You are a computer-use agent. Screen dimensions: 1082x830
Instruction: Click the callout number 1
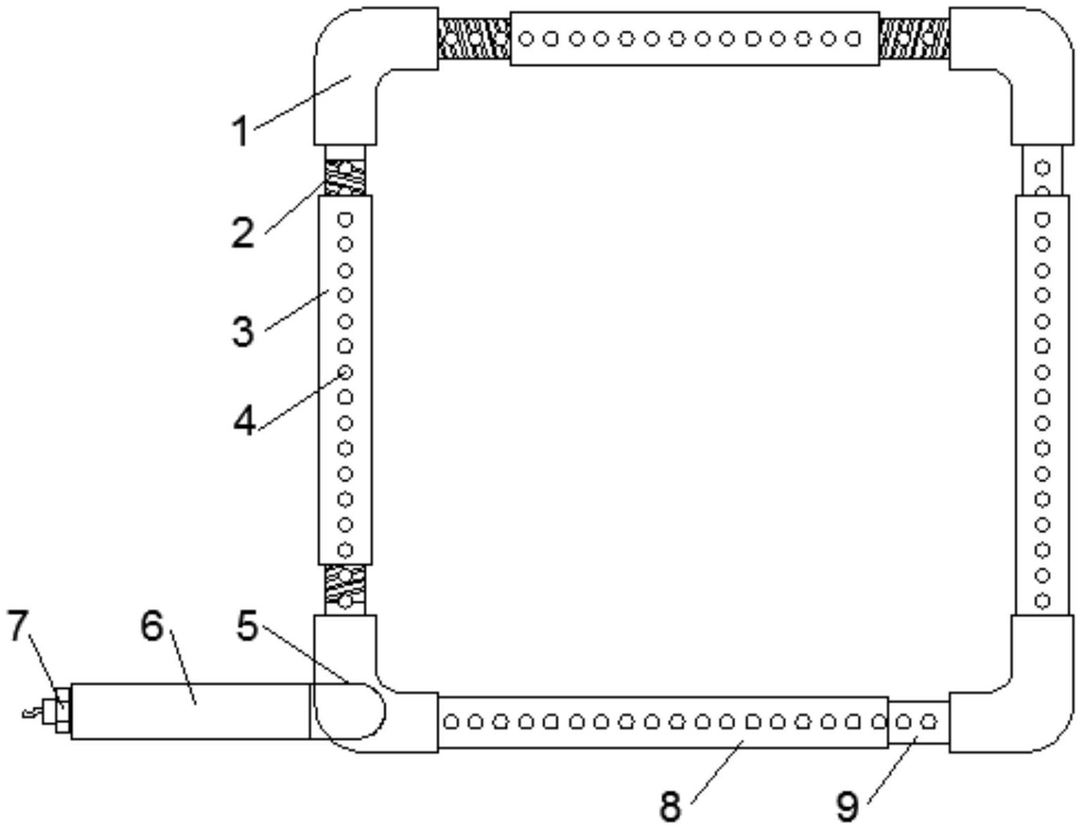pos(241,131)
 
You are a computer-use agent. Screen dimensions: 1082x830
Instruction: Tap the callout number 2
pos(243,232)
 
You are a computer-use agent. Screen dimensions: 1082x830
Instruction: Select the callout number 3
pos(243,331)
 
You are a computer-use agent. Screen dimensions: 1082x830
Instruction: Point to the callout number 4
pos(244,422)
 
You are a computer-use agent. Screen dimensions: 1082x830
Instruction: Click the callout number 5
pos(247,626)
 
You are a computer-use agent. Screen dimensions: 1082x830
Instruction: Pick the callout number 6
pos(152,626)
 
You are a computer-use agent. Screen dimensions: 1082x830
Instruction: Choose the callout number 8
pos(670,805)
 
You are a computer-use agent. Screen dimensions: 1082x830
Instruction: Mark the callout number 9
pos(847,805)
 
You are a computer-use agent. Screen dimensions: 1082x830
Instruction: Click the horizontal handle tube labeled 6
pos(191,711)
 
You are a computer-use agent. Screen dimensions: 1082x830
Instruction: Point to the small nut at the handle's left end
pos(61,711)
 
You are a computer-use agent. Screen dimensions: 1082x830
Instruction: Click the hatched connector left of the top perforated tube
pos(474,38)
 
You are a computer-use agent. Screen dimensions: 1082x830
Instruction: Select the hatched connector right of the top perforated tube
pos(914,38)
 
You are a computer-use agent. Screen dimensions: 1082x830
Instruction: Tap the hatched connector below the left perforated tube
pos(345,590)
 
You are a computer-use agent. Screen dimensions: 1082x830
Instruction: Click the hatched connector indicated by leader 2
pos(345,178)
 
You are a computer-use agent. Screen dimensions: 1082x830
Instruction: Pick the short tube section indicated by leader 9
pos(918,722)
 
